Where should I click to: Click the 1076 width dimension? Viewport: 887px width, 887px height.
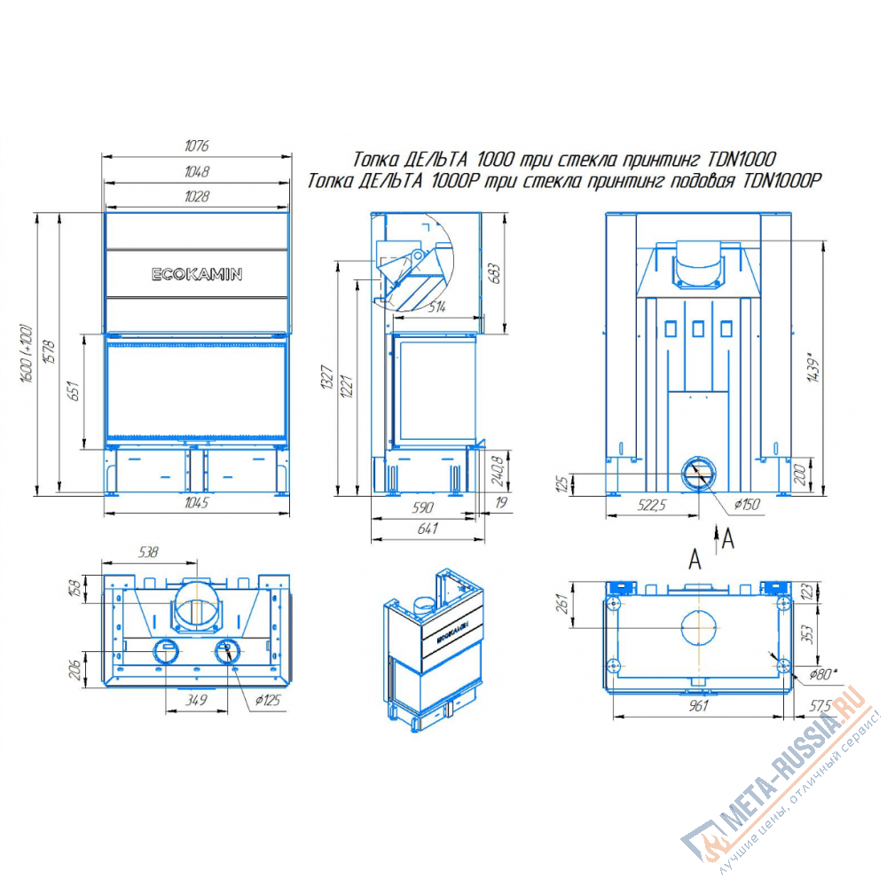[196, 146]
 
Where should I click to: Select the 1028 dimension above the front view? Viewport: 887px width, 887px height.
[196, 196]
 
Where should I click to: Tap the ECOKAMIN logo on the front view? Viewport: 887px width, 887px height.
[197, 274]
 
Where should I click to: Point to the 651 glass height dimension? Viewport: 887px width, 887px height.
[74, 391]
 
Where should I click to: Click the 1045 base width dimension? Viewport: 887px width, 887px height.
[196, 503]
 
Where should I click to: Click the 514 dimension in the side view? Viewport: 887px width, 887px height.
[436, 307]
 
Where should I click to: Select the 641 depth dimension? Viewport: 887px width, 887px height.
[428, 529]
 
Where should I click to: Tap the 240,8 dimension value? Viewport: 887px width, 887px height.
[498, 471]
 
